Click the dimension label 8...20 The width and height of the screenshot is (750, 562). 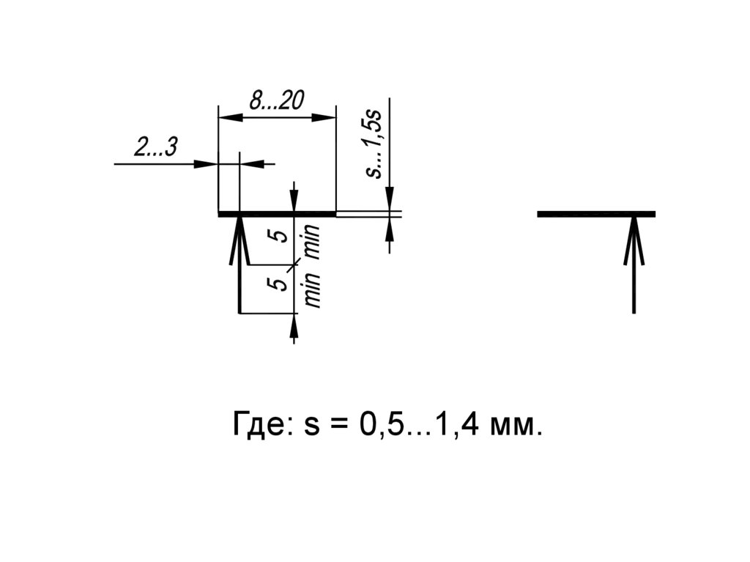277,101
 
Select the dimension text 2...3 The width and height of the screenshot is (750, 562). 155,148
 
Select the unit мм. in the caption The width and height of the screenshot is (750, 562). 516,424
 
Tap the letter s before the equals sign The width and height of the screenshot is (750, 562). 313,426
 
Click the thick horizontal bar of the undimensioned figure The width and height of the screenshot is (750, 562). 595,214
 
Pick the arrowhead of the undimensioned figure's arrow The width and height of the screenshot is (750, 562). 634,238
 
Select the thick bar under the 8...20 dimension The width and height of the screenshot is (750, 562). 277,214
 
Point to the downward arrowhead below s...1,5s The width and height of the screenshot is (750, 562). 390,199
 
